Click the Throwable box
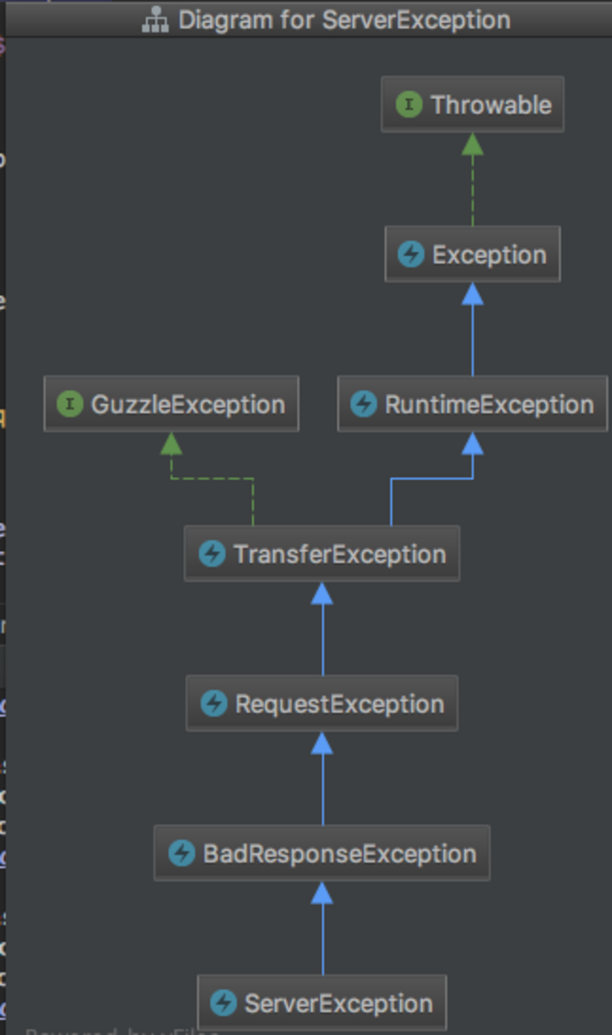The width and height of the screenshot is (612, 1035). pos(473,105)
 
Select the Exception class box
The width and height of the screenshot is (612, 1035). pos(473,254)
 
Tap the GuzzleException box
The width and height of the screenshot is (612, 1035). pos(171,404)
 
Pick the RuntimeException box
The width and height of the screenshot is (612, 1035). pos(473,404)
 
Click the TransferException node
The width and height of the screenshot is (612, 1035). pos(322,554)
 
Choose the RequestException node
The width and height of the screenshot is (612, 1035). pos(322,703)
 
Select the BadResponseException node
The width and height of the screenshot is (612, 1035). pos(322,853)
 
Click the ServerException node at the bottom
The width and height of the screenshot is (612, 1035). pos(322,1003)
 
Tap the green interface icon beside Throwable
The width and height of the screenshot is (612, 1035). pos(409,105)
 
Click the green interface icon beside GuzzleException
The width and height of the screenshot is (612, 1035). pos(70,404)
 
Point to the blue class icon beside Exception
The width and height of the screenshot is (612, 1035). pos(411,254)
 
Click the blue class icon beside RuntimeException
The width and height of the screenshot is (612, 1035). pos(363,404)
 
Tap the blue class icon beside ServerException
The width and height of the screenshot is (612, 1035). pos(223,1003)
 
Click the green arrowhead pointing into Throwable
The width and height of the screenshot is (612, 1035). pos(473,145)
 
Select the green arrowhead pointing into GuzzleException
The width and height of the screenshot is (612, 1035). pos(171,444)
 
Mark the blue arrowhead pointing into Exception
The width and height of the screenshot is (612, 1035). pos(473,294)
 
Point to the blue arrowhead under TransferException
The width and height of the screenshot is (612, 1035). pos(322,594)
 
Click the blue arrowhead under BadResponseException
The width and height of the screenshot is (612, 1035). pos(322,893)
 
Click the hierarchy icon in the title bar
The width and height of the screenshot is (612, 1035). pos(155,20)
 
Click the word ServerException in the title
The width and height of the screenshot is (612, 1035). pos(416,20)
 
